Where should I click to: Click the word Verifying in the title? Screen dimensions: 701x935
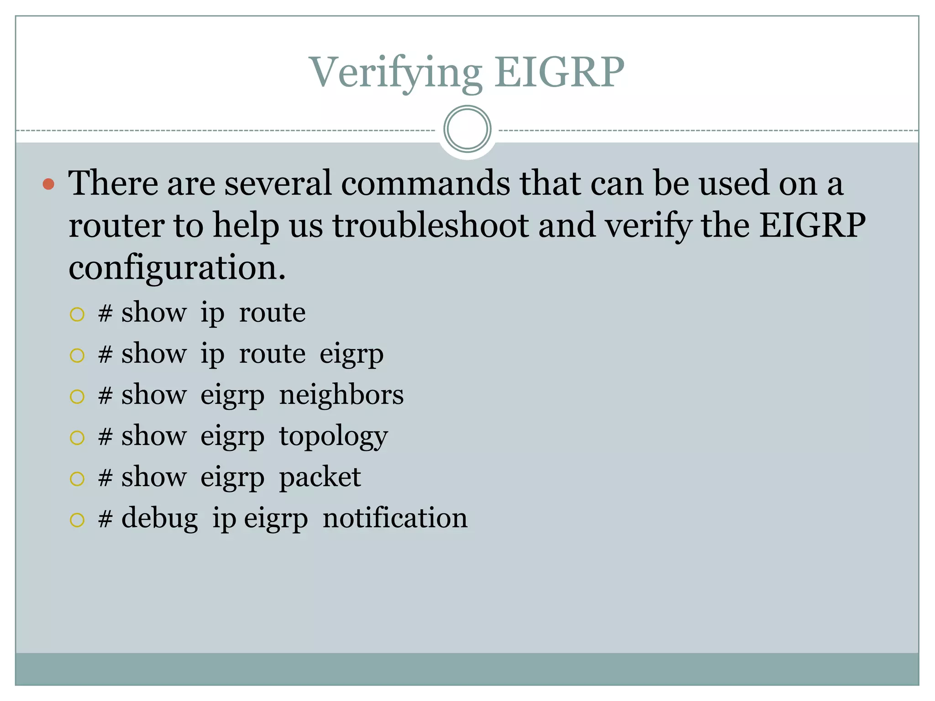click(395, 73)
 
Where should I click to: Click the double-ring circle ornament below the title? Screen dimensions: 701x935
click(467, 129)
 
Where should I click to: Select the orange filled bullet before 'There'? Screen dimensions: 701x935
click(48, 184)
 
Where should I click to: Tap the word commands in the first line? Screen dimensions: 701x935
click(425, 183)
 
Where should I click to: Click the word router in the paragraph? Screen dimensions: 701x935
click(116, 225)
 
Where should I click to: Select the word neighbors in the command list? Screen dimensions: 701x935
click(341, 395)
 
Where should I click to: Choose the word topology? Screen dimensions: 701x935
click(333, 437)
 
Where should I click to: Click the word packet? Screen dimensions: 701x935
click(320, 477)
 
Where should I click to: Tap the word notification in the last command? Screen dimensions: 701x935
click(395, 518)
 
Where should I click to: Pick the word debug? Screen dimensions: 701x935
click(159, 519)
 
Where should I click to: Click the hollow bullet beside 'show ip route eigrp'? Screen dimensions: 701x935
click(77, 355)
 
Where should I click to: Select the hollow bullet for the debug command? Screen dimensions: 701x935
click(77, 520)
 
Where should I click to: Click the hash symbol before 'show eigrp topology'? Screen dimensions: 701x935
click(105, 437)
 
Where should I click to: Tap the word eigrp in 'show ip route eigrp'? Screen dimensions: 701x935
click(351, 355)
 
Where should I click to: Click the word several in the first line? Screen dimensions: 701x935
click(278, 183)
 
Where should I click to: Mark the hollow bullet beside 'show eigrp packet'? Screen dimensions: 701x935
click(77, 479)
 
